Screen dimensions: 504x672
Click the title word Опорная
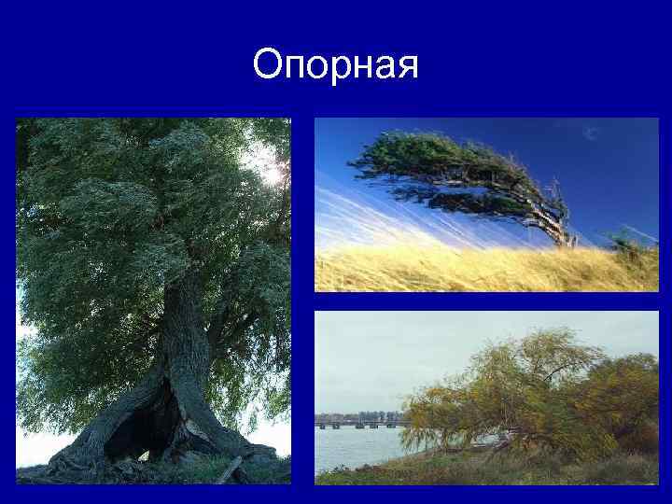click(336, 65)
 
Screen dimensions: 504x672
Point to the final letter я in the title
click(408, 68)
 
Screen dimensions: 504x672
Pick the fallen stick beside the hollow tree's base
click(230, 469)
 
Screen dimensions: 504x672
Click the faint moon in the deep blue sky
click(590, 133)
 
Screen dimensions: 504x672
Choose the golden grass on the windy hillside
click(467, 271)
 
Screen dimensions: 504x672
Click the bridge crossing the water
click(359, 425)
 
